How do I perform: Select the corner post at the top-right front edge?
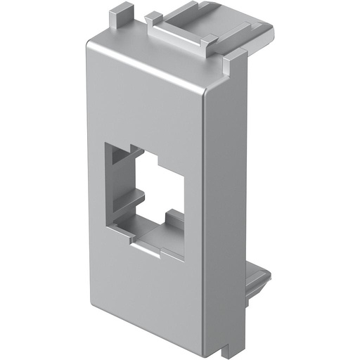(x=229, y=67)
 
